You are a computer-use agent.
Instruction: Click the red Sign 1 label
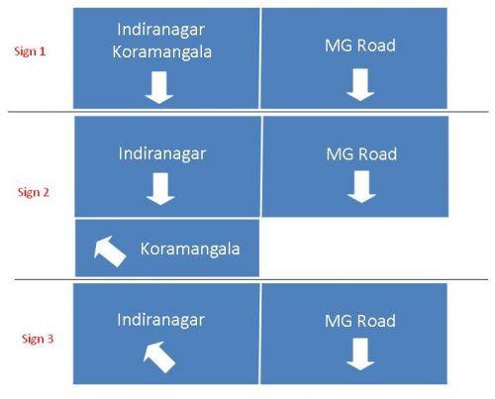coord(30,51)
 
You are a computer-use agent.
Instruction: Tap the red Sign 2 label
coord(34,192)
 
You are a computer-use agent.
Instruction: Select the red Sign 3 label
coord(38,339)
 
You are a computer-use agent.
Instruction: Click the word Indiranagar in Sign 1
coord(160,30)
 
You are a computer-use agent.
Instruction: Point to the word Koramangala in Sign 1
coord(161,52)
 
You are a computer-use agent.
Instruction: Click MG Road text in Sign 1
coord(360,46)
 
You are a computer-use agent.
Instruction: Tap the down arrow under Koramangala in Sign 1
coord(159,87)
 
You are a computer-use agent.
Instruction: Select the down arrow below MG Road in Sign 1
coord(360,84)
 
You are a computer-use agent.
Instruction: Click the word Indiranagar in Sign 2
coord(162,154)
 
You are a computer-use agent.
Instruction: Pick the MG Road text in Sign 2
coord(361,154)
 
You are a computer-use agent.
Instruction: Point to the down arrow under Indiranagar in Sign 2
coord(160,189)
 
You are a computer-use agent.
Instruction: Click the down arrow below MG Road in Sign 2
coord(361,187)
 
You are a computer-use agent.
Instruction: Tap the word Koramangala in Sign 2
coord(190,249)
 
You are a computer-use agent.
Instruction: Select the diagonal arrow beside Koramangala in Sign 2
coord(110,251)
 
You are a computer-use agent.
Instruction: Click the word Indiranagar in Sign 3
coord(160,320)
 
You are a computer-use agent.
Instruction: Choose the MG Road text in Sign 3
coord(360,321)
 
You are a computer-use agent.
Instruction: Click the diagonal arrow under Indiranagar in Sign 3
coord(159,357)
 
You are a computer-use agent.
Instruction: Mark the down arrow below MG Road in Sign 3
coord(360,354)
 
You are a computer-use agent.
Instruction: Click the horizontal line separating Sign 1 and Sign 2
coord(248,112)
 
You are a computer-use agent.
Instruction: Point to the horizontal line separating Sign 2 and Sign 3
coord(251,279)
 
